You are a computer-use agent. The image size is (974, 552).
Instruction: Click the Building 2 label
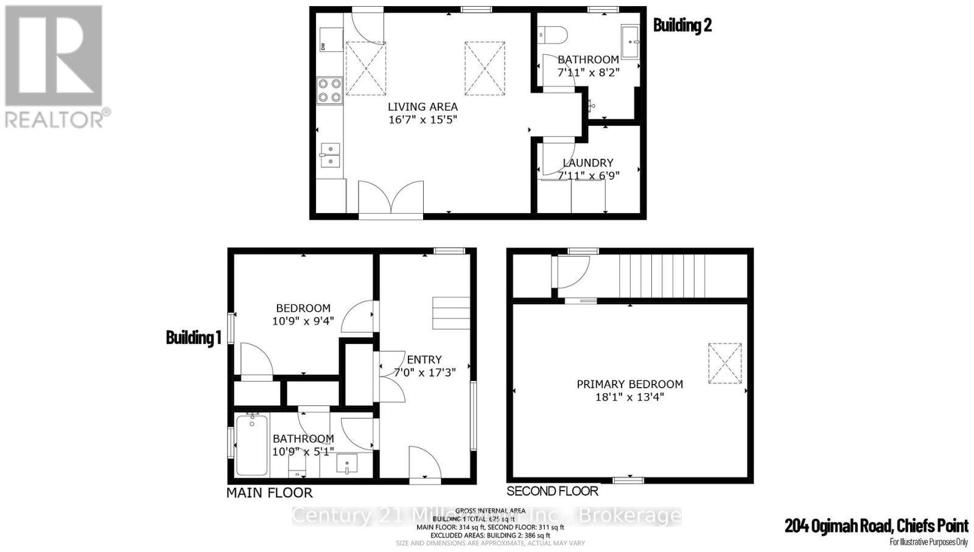tap(682, 25)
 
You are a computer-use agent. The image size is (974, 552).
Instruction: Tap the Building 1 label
tap(193, 337)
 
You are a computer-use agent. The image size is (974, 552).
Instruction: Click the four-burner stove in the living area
tap(329, 90)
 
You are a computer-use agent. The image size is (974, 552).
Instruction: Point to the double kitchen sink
tap(329, 154)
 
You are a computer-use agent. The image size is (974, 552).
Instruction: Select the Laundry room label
tap(587, 162)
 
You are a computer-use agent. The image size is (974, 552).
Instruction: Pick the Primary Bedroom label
tap(629, 384)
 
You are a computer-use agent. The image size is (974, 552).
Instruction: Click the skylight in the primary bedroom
tap(724, 363)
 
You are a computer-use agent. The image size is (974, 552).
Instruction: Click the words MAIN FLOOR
tap(269, 493)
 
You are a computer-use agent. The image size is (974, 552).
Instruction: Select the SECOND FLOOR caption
tap(552, 491)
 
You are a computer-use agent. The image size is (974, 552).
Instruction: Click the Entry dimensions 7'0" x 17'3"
tap(424, 372)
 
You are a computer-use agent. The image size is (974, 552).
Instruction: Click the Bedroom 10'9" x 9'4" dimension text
tap(303, 321)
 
